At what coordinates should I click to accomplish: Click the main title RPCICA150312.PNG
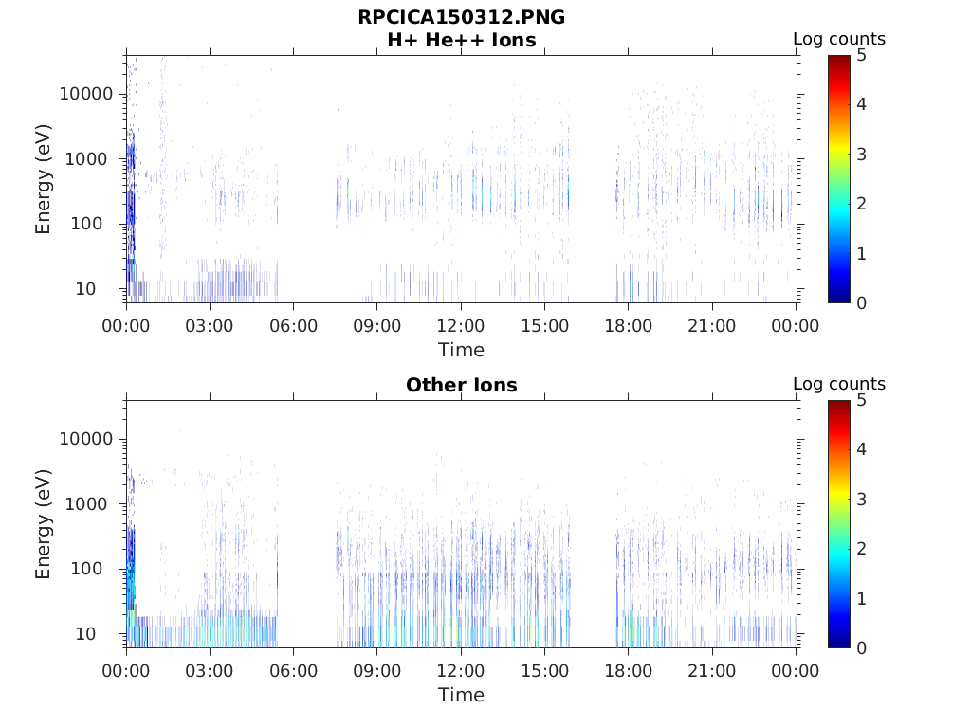tap(461, 18)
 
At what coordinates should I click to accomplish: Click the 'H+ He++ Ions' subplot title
tap(461, 41)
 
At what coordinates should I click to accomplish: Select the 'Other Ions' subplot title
tap(461, 386)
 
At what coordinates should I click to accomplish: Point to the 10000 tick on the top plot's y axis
tap(87, 94)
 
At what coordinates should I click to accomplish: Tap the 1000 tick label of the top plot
tap(92, 159)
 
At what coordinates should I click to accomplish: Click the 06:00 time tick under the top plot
tap(293, 326)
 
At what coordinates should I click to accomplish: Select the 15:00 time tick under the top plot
tap(544, 326)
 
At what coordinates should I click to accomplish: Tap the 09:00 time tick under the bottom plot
tap(377, 671)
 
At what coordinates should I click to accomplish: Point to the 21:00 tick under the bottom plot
tap(712, 671)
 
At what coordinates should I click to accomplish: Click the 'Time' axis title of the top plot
tap(461, 350)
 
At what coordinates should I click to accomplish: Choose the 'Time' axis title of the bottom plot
tap(461, 695)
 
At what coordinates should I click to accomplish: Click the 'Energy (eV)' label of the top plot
tap(44, 179)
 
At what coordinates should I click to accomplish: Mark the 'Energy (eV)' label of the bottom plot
tap(44, 524)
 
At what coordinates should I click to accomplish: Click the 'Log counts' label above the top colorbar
tap(839, 39)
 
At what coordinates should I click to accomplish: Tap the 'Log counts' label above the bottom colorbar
tap(839, 384)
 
